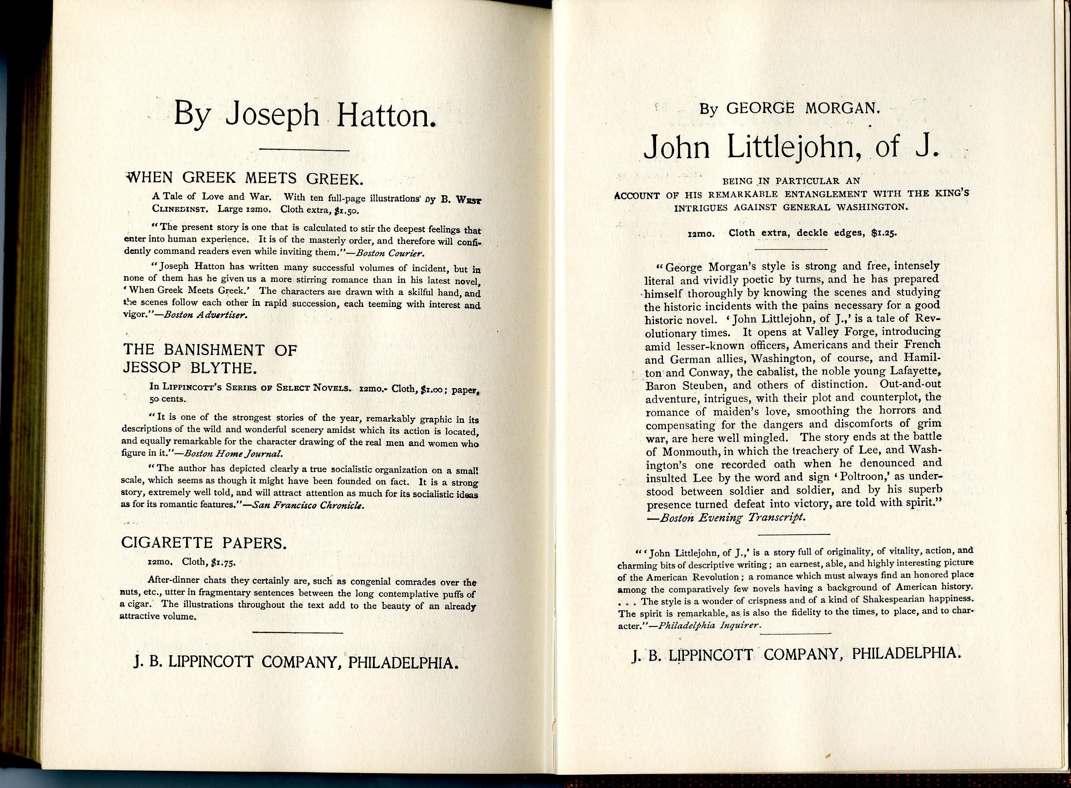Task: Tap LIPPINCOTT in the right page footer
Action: (710, 654)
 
